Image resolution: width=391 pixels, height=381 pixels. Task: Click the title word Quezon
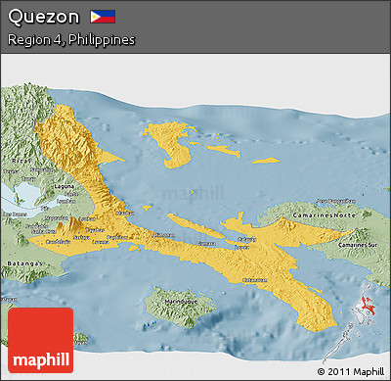coord(42,17)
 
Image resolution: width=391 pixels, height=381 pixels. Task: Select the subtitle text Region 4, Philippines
coord(70,40)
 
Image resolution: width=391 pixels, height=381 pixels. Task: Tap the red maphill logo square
coord(40,339)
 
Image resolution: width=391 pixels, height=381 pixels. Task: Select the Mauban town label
coord(124,212)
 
